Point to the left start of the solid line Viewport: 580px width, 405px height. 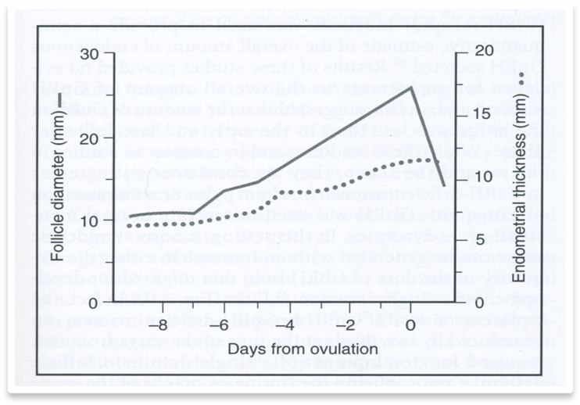[x=129, y=216]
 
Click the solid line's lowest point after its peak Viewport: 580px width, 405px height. [x=444, y=186]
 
